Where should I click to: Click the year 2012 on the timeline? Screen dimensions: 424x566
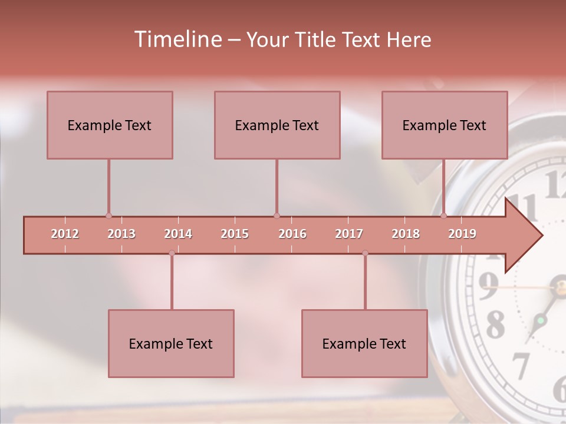(65, 234)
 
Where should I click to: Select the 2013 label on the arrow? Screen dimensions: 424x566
(121, 234)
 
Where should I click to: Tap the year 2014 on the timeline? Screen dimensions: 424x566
(178, 234)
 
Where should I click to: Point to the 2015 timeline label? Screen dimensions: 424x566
(235, 234)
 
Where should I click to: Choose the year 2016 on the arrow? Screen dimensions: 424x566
(292, 234)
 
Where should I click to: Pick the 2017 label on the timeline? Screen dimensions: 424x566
(349, 234)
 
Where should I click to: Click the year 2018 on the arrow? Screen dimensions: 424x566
(406, 234)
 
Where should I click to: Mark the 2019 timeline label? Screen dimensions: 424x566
(462, 234)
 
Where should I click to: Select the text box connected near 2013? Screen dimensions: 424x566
(110, 125)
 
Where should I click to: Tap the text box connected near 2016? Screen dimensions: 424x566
(277, 125)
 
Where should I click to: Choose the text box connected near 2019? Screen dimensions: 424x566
(445, 125)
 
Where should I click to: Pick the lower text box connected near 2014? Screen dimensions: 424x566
(171, 343)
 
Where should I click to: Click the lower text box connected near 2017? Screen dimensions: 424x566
(364, 343)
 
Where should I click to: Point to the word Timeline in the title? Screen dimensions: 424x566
(176, 39)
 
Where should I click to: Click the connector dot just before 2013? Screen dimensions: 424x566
(108, 216)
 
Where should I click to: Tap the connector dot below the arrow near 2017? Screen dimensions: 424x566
(365, 253)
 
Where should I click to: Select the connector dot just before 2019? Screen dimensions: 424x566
(443, 216)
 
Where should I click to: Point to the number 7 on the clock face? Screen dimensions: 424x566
(521, 366)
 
